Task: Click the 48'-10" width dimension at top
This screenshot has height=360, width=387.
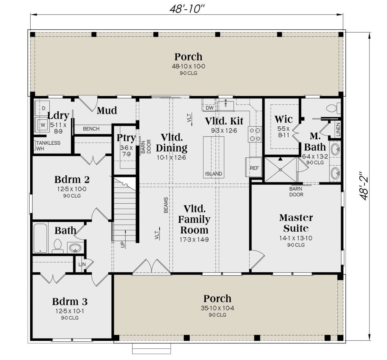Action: click(x=187, y=9)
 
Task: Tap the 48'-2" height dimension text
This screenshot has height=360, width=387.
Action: click(x=363, y=186)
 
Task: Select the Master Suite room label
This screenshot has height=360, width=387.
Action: click(x=296, y=223)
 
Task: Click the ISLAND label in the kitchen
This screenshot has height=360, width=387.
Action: click(x=213, y=174)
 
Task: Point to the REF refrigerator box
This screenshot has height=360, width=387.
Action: click(x=253, y=167)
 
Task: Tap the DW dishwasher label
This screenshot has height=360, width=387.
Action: click(x=210, y=108)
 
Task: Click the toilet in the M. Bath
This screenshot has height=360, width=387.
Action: click(x=333, y=108)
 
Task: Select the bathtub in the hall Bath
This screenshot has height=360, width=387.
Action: click(x=40, y=238)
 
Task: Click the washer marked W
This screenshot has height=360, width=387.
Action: click(x=42, y=125)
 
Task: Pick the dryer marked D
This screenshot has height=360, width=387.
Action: click(x=42, y=108)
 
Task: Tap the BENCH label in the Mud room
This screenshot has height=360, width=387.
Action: click(x=91, y=129)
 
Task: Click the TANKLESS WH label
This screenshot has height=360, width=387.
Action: click(x=48, y=146)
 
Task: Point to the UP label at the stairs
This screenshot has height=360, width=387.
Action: click(x=123, y=245)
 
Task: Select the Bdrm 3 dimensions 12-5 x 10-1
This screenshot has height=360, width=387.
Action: click(x=70, y=311)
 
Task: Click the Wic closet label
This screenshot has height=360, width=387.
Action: click(x=283, y=119)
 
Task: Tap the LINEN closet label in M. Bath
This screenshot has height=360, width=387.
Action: click(x=338, y=129)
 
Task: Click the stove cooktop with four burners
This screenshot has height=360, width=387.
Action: click(x=255, y=134)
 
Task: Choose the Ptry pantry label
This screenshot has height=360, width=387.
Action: click(x=126, y=138)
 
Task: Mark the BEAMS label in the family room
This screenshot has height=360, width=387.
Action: click(x=166, y=205)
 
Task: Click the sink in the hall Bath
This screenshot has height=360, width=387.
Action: click(x=75, y=248)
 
